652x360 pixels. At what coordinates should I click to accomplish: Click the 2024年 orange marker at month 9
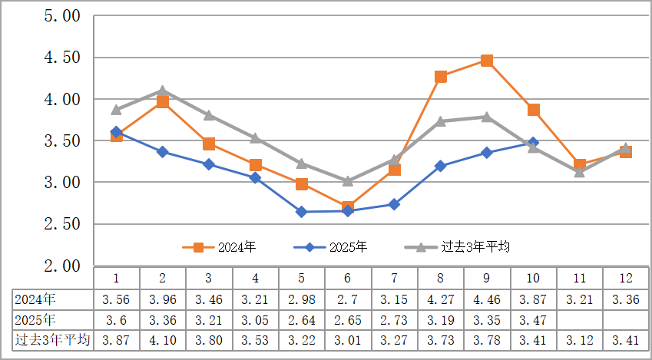click(487, 61)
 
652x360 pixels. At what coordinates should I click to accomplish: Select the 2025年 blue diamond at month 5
click(302, 212)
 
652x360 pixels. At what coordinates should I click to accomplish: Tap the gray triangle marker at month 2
click(163, 91)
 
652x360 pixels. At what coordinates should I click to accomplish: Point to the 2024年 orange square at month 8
click(441, 77)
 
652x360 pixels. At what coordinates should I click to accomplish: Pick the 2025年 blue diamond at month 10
click(533, 143)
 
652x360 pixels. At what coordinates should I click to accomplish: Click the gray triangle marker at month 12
click(626, 148)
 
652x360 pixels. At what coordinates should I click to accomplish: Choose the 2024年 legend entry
click(219, 247)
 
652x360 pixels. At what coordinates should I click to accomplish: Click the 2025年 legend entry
click(330, 247)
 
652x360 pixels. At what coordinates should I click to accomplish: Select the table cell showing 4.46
click(487, 299)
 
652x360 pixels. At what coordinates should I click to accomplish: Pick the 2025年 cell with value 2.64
click(302, 319)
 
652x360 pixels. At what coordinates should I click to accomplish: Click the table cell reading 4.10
click(163, 340)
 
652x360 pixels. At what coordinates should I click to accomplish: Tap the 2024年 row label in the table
click(35, 299)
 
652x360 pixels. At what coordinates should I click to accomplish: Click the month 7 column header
click(394, 278)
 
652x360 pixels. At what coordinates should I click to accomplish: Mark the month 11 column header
click(580, 278)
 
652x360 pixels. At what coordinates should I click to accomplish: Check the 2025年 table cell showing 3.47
click(533, 319)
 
